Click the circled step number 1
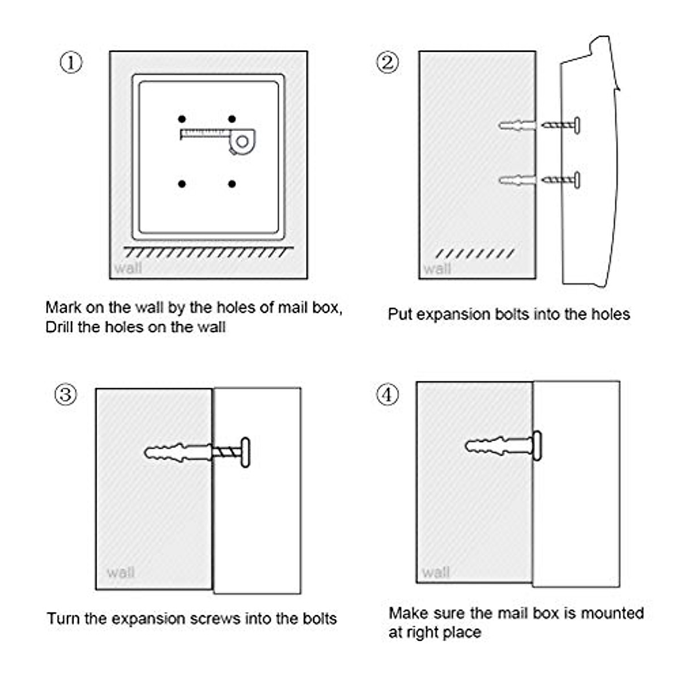coord(71,63)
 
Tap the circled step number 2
coord(388,63)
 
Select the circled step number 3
coord(66,394)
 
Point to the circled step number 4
coord(388,394)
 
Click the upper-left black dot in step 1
coord(182,119)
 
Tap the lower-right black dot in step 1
coord(232,184)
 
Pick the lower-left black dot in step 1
coord(182,184)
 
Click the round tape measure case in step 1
coord(242,142)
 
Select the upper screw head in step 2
coord(577,125)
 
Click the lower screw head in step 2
coord(577,180)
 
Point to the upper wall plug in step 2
coord(517,125)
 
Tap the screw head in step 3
coord(245,452)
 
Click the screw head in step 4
coord(537,446)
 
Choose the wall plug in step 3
coord(178,453)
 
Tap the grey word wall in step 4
coord(436,572)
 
